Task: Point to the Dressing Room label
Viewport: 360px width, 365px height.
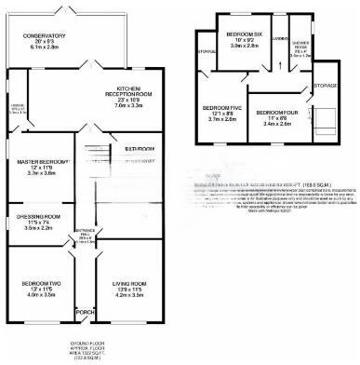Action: pos(38,216)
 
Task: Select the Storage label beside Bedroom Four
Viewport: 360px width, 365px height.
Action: pos(326,85)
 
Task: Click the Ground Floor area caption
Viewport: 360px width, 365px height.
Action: pos(84,353)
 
